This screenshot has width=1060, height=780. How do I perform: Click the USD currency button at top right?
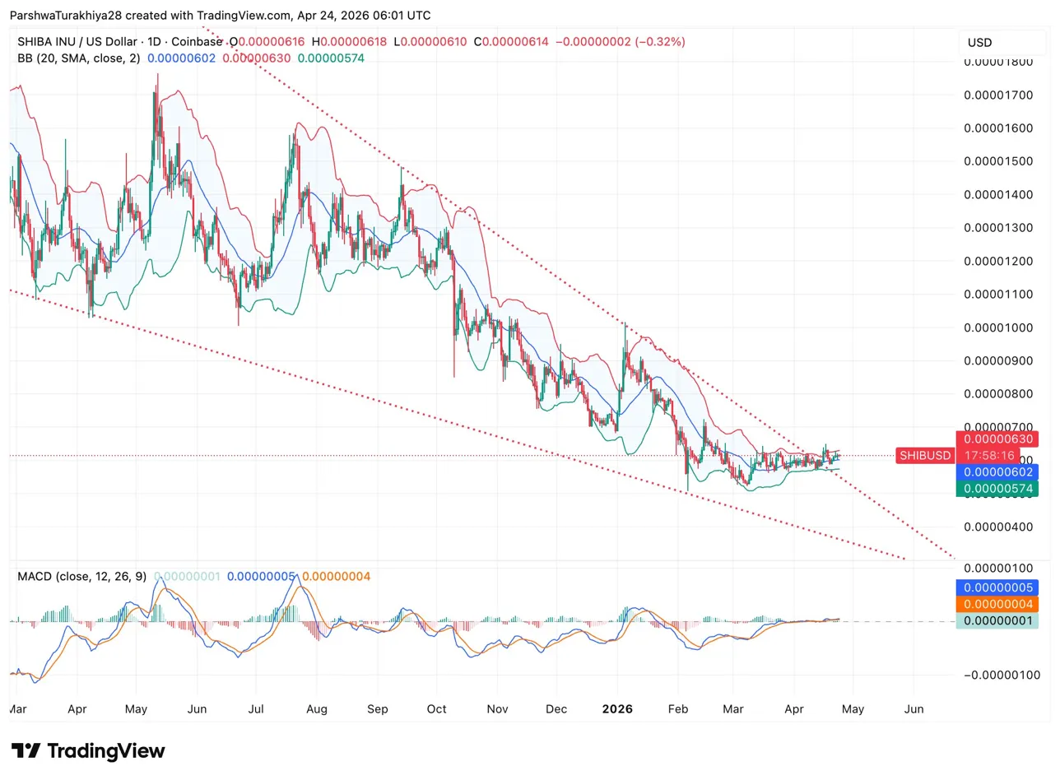point(979,42)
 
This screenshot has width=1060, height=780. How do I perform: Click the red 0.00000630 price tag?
point(997,439)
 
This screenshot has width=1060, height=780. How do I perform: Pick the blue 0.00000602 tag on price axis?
point(997,472)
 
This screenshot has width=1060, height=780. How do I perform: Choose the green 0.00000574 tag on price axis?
point(997,489)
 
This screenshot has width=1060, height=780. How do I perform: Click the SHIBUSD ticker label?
point(925,455)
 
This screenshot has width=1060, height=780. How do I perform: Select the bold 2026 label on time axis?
point(617,708)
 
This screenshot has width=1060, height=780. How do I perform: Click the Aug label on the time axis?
point(316,708)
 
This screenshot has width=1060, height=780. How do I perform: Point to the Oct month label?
point(437,708)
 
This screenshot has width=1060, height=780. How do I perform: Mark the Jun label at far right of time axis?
point(914,708)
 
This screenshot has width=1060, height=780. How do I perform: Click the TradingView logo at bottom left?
point(89,751)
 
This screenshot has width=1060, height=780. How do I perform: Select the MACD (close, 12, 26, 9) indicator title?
point(81,577)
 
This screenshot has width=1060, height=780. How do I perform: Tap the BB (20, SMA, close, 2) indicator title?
point(78,58)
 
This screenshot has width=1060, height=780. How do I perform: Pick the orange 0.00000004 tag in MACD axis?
point(997,604)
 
